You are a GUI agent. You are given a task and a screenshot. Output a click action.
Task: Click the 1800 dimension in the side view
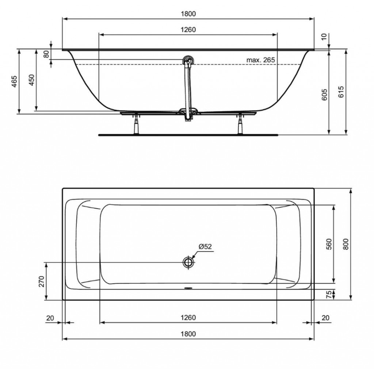(188, 14)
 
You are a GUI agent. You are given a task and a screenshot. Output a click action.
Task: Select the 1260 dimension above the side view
(188, 30)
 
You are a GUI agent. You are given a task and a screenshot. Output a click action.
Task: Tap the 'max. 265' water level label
(260, 60)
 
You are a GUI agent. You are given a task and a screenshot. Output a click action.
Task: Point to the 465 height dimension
(14, 81)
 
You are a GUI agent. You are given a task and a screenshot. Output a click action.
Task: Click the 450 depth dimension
(31, 80)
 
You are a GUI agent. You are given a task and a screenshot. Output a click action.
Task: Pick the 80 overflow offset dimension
(46, 54)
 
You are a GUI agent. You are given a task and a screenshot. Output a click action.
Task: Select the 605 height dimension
(324, 95)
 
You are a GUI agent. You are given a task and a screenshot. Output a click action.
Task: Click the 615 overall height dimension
(341, 92)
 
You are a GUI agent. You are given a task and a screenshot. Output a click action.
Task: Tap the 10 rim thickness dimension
(324, 37)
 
